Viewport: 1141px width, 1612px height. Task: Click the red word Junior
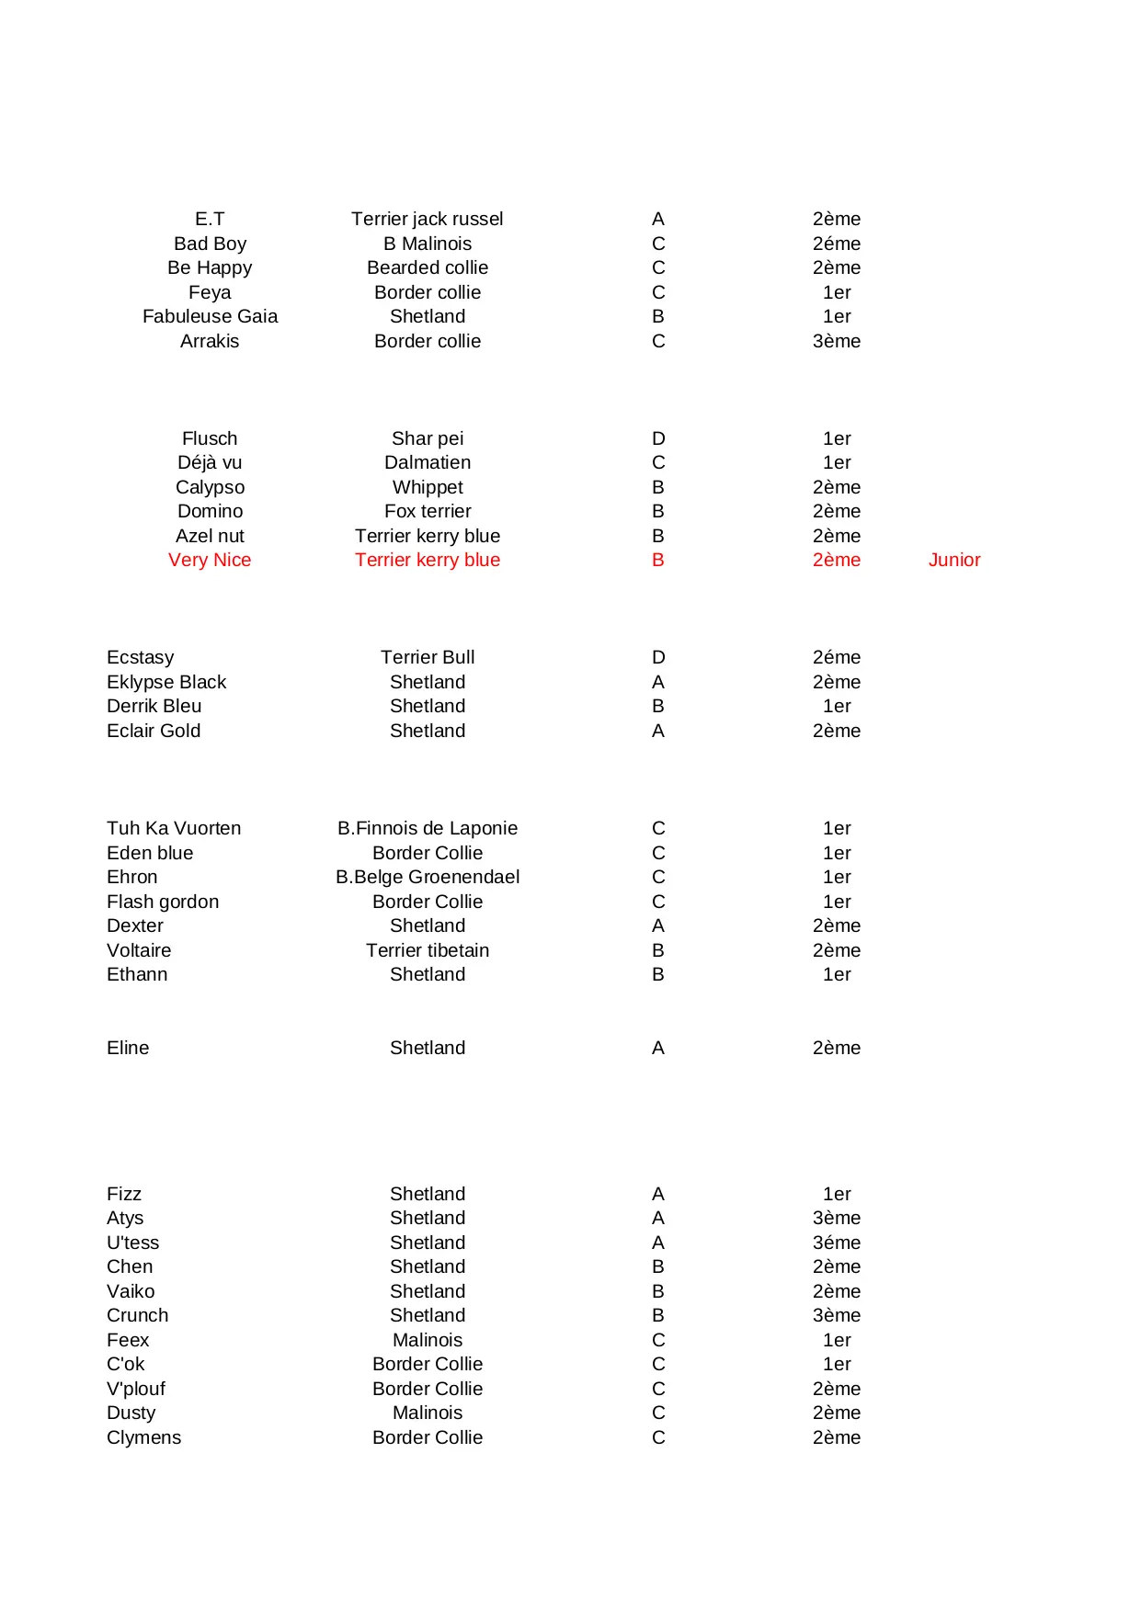point(953,560)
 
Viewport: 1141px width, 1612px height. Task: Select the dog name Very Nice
point(210,560)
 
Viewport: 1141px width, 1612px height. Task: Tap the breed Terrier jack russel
point(427,219)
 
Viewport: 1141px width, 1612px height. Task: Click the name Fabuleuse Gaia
point(210,316)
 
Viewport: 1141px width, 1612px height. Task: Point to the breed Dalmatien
point(427,462)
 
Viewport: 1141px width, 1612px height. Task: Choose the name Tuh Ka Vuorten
point(174,828)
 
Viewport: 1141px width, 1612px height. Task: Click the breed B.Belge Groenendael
point(427,877)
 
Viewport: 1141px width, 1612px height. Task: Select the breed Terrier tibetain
point(427,950)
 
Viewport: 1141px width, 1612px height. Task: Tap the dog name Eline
point(128,1048)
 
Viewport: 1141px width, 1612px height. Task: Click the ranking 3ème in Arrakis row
point(836,341)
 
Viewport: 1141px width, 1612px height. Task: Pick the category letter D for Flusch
point(658,438)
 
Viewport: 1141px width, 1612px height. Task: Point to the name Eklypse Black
point(166,682)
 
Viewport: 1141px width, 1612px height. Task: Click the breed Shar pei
point(427,438)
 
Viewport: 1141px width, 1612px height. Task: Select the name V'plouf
point(136,1389)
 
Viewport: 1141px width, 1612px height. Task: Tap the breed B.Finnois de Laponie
point(427,828)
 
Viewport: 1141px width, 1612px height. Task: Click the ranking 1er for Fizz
point(836,1194)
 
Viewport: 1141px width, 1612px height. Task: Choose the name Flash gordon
point(163,902)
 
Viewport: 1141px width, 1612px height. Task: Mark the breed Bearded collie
point(427,267)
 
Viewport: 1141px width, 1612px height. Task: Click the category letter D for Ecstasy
point(658,657)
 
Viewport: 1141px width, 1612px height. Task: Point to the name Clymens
point(143,1437)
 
